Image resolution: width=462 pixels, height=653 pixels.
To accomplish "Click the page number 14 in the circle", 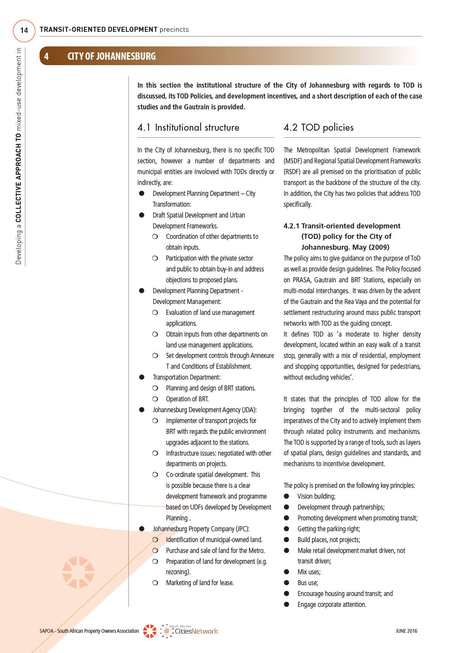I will pyautogui.click(x=24, y=31).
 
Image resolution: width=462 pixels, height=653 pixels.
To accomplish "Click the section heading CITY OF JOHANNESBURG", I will pyautogui.click(x=111, y=56).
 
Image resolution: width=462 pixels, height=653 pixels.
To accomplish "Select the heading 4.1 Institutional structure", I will pyautogui.click(x=188, y=128).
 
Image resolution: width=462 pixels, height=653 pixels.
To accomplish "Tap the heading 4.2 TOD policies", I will pyautogui.click(x=318, y=128).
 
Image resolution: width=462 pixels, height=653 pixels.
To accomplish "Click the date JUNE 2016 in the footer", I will pyautogui.click(x=406, y=631).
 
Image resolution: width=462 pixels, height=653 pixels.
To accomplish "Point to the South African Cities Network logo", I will pyautogui.click(x=190, y=631).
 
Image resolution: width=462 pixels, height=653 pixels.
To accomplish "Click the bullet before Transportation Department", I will pyautogui.click(x=142, y=377).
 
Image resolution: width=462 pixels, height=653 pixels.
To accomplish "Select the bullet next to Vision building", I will pyautogui.click(x=287, y=496).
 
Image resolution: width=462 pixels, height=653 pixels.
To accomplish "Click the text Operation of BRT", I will pyautogui.click(x=187, y=399).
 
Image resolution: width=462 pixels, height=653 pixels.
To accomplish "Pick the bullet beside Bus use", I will pyautogui.click(x=287, y=583).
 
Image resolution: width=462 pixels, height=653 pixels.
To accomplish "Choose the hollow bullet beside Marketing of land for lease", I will pyautogui.click(x=155, y=583).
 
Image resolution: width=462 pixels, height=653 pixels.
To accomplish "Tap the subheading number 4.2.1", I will pyautogui.click(x=291, y=226).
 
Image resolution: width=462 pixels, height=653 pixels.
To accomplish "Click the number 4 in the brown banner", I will pyautogui.click(x=47, y=57).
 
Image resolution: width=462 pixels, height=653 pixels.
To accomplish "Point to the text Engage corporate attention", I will pyautogui.click(x=332, y=605).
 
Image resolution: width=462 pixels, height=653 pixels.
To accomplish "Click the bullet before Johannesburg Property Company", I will pyautogui.click(x=142, y=529).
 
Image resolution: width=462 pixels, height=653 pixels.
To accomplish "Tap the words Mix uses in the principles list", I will pyautogui.click(x=309, y=572).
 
